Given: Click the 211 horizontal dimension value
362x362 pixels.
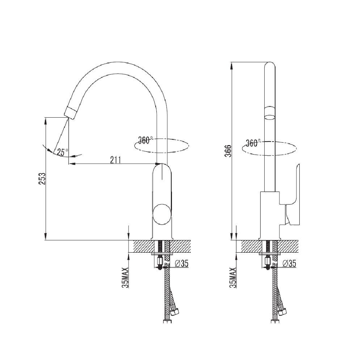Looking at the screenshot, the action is click(x=115, y=160).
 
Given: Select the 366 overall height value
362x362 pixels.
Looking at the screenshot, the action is click(x=228, y=151).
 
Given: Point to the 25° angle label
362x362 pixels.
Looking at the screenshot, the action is click(x=63, y=152).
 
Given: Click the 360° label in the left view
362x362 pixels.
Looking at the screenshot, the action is click(x=146, y=140).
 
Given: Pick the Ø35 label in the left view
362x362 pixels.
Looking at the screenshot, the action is click(x=182, y=263).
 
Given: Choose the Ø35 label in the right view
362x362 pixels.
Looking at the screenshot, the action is click(x=289, y=263).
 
